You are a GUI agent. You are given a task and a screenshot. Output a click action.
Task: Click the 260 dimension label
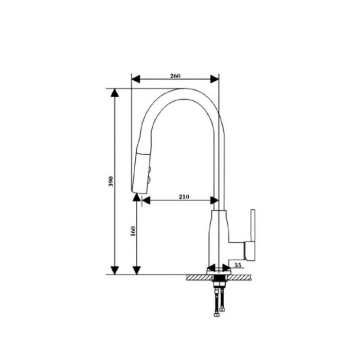tap(175, 76)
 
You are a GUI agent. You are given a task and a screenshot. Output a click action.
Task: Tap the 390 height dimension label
tap(111, 182)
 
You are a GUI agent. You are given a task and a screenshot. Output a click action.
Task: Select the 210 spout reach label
tap(184, 197)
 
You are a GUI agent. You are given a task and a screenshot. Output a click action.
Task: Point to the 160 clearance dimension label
tap(133, 231)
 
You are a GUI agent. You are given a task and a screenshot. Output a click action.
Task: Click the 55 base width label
tap(238, 265)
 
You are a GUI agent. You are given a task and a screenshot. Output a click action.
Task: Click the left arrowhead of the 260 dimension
tap(135, 79)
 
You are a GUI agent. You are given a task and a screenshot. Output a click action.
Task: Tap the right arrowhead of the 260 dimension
tap(214, 79)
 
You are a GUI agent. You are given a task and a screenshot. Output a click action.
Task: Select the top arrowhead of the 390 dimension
tap(115, 93)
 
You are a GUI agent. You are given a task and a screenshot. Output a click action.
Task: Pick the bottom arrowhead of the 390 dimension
tap(115, 270)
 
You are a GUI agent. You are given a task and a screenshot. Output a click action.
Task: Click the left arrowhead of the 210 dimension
tap(146, 201)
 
